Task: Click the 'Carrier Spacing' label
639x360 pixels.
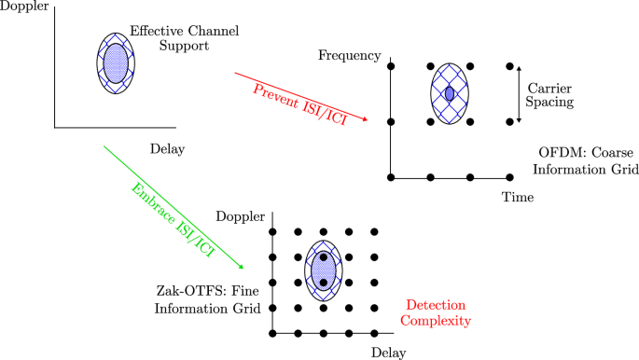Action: pyautogui.click(x=556, y=93)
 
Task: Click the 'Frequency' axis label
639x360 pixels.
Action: pyautogui.click(x=349, y=55)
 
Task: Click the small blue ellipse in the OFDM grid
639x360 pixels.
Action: pyautogui.click(x=450, y=94)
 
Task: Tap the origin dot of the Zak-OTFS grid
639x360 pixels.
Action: pyautogui.click(x=272, y=332)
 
